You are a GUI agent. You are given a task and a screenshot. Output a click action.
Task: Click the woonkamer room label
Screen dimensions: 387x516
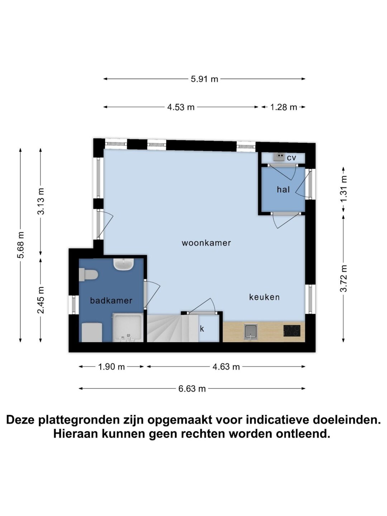[206, 243]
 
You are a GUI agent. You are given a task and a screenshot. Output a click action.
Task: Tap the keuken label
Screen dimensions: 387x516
[264, 297]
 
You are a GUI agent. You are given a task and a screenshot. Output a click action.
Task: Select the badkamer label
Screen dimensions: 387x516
[111, 300]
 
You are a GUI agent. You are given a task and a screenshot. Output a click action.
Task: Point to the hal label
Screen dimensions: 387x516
[283, 190]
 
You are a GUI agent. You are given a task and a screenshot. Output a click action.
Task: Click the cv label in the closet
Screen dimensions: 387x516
[291, 158]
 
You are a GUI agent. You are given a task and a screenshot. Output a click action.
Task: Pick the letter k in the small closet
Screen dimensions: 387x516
[202, 329]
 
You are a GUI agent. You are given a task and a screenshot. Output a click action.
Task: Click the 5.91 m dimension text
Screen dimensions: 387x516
[204, 79]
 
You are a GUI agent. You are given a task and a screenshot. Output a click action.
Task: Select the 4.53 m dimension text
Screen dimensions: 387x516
[181, 107]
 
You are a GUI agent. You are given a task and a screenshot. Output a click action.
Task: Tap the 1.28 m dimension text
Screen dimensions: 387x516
[283, 107]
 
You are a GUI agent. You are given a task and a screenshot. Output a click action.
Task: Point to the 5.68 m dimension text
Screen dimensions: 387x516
[21, 245]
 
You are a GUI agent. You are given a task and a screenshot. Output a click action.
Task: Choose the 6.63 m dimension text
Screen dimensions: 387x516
[192, 388]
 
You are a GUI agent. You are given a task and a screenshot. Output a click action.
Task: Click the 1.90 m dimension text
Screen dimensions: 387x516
[111, 367]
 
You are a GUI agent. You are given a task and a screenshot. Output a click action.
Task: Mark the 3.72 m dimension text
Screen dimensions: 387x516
[343, 278]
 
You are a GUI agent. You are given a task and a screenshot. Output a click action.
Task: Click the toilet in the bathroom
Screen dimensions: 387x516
[88, 274]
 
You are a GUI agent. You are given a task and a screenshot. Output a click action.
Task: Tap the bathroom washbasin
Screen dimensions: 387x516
[124, 264]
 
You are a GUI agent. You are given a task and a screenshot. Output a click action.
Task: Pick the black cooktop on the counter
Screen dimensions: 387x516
[292, 331]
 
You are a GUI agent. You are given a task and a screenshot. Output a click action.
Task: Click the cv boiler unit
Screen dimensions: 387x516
[279, 157]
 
